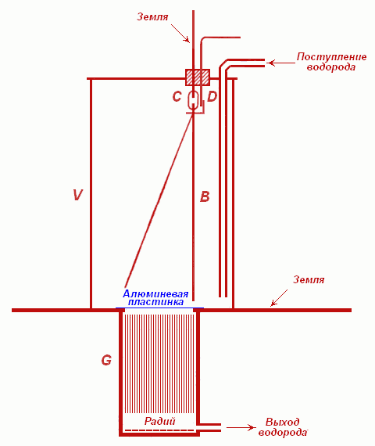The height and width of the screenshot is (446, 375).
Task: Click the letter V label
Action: pyautogui.click(x=77, y=195)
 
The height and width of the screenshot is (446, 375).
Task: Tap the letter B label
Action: pyautogui.click(x=205, y=196)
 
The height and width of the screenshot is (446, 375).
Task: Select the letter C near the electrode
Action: pyautogui.click(x=177, y=97)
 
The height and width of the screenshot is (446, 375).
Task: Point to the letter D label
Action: pyautogui.click(x=212, y=97)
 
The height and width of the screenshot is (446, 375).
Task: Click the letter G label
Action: pyautogui.click(x=106, y=361)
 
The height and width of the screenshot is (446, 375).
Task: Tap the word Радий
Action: pyautogui.click(x=159, y=421)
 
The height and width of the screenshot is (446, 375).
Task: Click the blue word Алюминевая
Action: pyautogui.click(x=155, y=294)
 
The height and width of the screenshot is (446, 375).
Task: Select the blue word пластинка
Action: pyautogui.click(x=155, y=302)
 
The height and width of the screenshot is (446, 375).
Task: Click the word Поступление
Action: pyautogui.click(x=331, y=57)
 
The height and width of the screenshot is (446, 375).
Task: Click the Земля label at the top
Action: pyautogui.click(x=152, y=16)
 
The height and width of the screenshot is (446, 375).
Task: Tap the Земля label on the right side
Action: pyautogui.click(x=309, y=280)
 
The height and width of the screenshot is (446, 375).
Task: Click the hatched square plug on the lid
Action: pyautogui.click(x=198, y=77)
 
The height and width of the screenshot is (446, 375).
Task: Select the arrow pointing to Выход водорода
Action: pyautogui.click(x=241, y=427)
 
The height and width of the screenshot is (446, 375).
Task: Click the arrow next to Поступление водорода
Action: pyautogui.click(x=282, y=63)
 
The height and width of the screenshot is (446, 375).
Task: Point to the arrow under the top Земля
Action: pyautogui.click(x=180, y=34)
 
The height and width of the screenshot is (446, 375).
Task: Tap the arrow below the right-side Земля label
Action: pyautogui.click(x=279, y=298)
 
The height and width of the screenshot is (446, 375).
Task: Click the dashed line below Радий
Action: pyautogui.click(x=159, y=430)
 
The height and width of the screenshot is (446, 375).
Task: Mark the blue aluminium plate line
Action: pyautogui.click(x=159, y=308)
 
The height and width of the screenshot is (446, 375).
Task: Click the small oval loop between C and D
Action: pyautogui.click(x=193, y=100)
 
